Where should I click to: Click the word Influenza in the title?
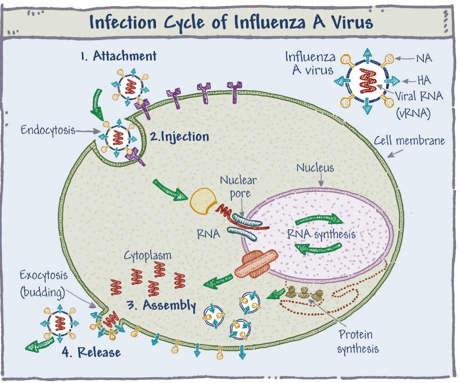[270, 23]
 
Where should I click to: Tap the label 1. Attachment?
[119, 56]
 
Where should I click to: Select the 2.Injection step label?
[180, 137]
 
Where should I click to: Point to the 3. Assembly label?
[162, 305]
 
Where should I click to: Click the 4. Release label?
[91, 352]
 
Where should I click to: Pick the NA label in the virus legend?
[424, 58]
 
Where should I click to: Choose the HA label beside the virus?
[424, 80]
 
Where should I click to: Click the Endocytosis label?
[48, 130]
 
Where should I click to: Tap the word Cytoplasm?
[148, 256]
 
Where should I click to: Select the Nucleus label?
[315, 168]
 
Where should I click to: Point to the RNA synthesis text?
[321, 234]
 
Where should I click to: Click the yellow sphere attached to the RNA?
[203, 201]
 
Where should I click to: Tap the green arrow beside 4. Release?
[40, 344]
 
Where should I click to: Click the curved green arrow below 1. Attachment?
[96, 105]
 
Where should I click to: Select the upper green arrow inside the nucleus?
[319, 219]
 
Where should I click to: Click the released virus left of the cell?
[59, 324]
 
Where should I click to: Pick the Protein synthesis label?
[358, 342]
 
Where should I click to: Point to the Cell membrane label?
[409, 141]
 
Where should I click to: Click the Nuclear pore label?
[238, 187]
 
